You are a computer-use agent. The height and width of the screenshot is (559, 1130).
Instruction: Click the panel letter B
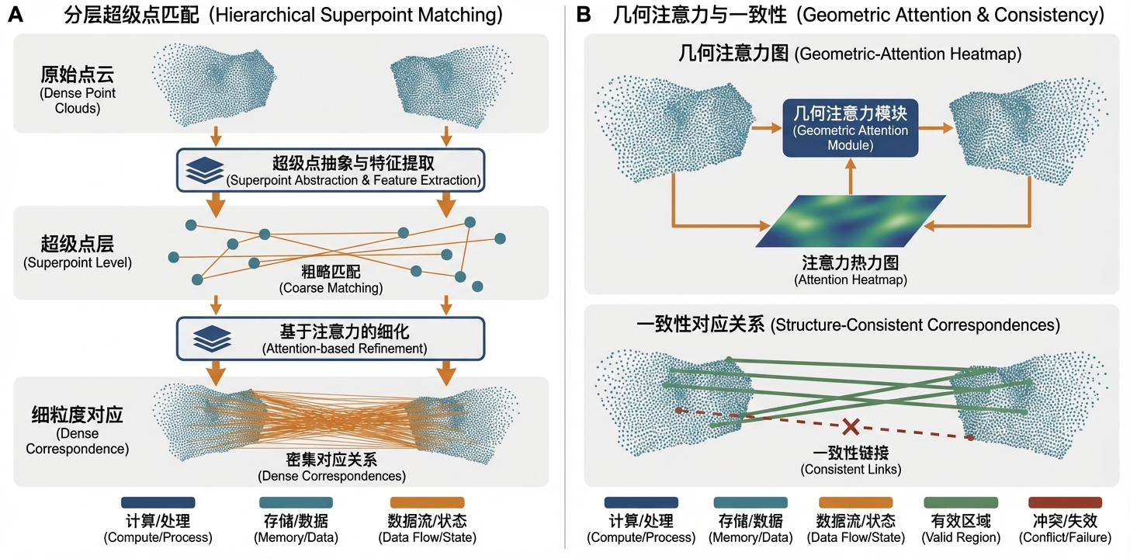pyautogui.click(x=585, y=15)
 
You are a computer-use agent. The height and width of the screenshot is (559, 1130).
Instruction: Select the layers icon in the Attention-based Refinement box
pyautogui.click(x=205, y=339)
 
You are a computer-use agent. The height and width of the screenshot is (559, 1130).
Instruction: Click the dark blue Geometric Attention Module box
pyautogui.click(x=850, y=128)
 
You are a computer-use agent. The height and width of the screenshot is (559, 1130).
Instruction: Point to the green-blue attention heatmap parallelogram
pyautogui.click(x=851, y=221)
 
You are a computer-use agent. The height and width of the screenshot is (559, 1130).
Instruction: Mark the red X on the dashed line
pyautogui.click(x=851, y=426)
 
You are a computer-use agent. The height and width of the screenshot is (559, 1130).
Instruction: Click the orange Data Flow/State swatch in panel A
pyautogui.click(x=427, y=502)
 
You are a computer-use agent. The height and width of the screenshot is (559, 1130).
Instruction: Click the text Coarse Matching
pyautogui.click(x=331, y=279)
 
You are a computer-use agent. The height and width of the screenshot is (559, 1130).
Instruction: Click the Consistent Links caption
pyautogui.click(x=851, y=462)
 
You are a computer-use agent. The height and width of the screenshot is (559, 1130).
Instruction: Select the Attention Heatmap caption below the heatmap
pyautogui.click(x=851, y=271)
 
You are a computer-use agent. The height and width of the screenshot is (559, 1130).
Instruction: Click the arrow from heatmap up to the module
pyautogui.click(x=851, y=175)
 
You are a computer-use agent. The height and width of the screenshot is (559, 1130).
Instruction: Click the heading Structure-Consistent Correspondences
pyautogui.click(x=847, y=325)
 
